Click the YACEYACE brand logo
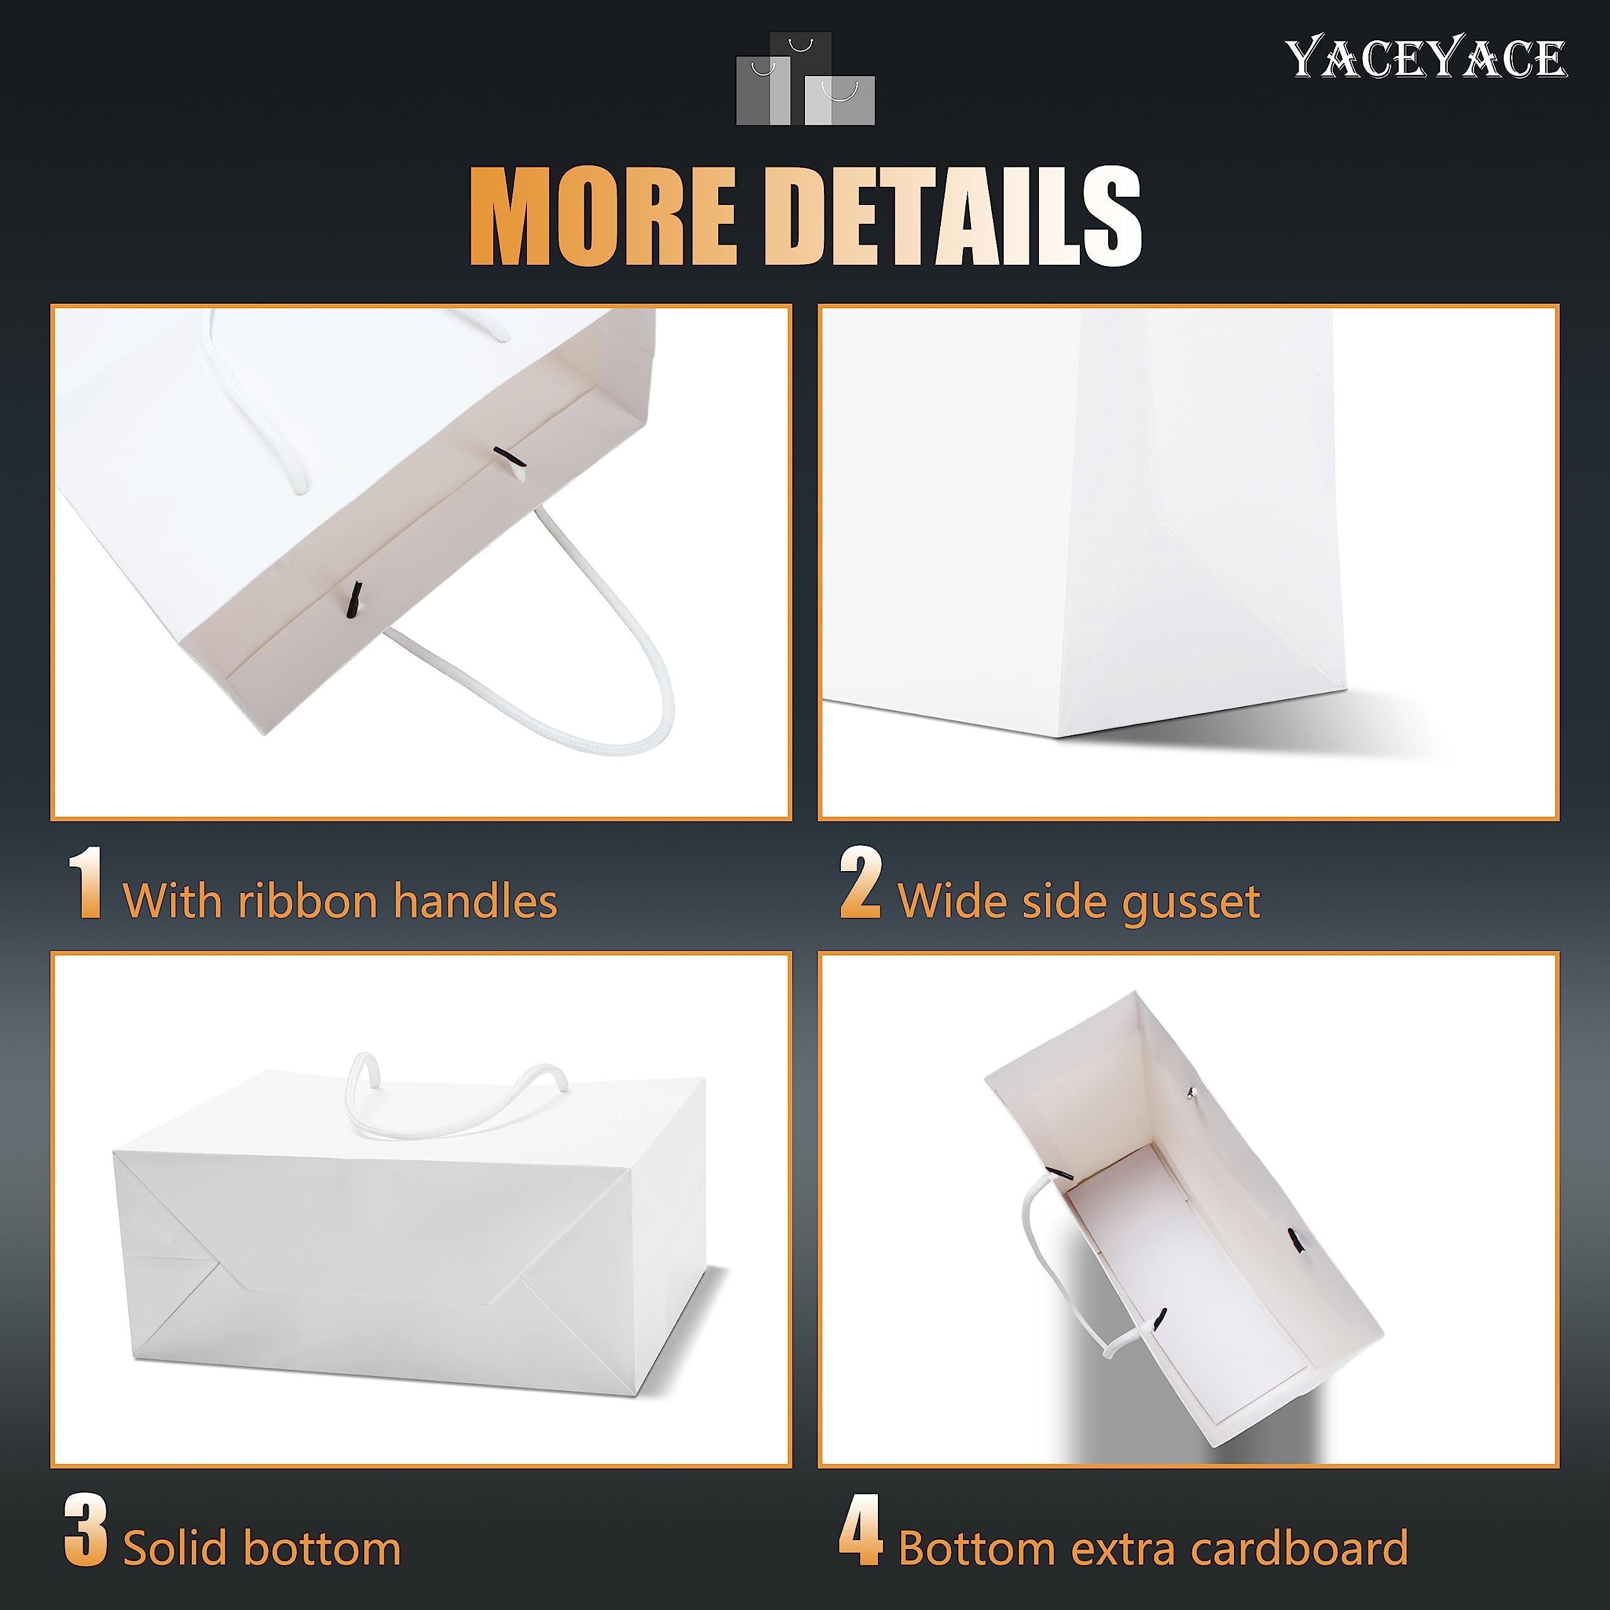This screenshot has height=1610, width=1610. [1425, 58]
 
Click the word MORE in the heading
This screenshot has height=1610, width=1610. [603, 215]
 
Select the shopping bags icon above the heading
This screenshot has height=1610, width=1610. [805, 79]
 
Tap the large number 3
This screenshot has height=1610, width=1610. [86, 1529]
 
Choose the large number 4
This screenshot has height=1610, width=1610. [860, 1529]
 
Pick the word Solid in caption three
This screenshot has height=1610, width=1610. [175, 1548]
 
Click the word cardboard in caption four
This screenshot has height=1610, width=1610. [1299, 1548]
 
